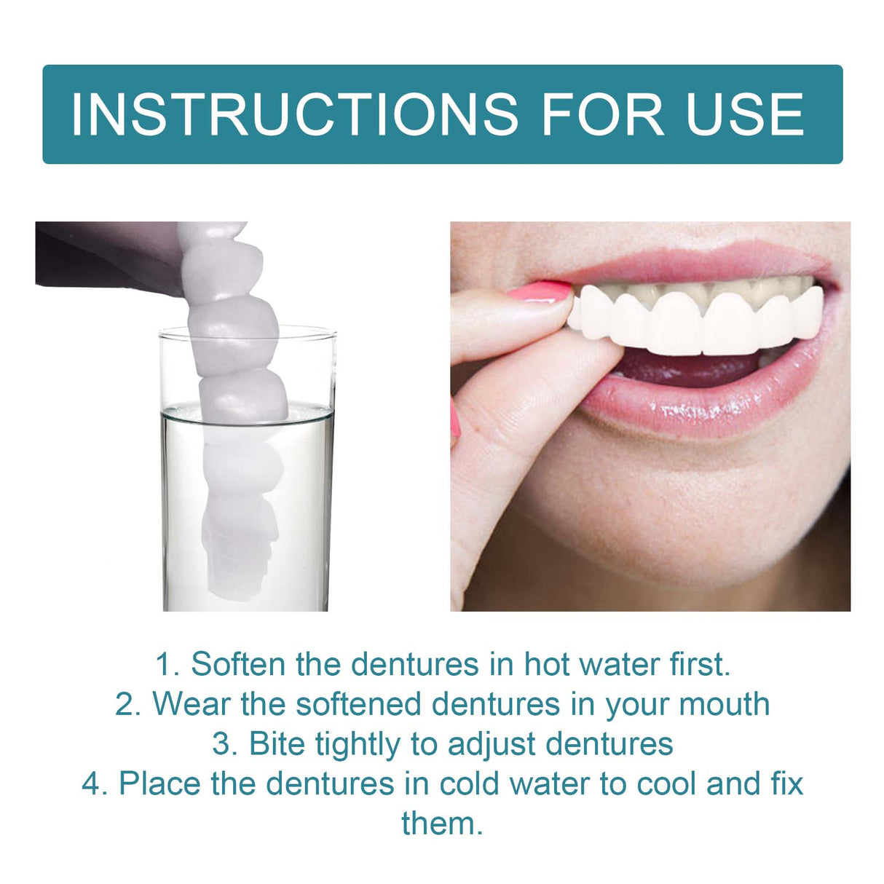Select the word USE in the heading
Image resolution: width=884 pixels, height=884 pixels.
pyautogui.click(x=744, y=114)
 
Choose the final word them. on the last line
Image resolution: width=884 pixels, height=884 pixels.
pyautogui.click(x=442, y=824)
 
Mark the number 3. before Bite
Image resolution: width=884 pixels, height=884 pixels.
pyautogui.click(x=226, y=744)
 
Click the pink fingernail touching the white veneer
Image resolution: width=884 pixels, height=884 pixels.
pyautogui.click(x=540, y=293)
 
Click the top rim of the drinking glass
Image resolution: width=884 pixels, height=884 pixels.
pyautogui.click(x=248, y=331)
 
